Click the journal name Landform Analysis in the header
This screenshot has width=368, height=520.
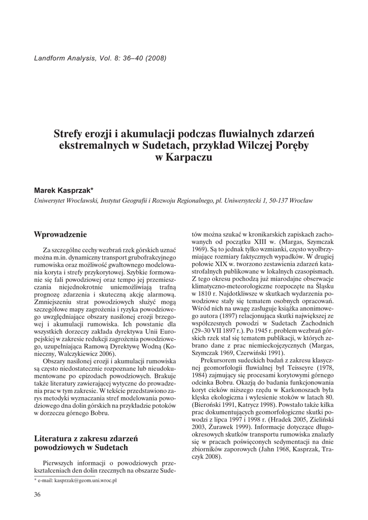tap(62, 57)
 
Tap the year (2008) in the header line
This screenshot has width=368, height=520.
tap(156, 57)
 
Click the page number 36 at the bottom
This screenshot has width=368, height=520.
tap(37, 495)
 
